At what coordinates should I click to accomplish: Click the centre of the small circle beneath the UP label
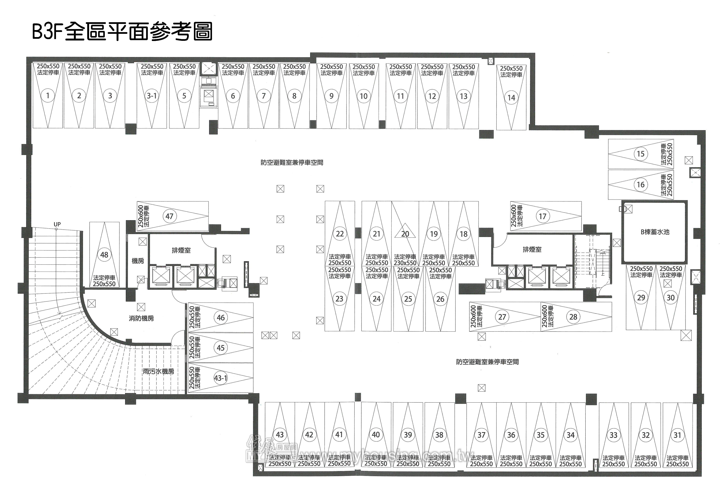click(56, 229)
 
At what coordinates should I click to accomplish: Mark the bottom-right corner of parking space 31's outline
click(692, 468)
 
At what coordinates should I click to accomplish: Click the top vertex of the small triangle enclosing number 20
click(405, 223)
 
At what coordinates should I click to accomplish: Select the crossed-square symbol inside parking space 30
click(668, 283)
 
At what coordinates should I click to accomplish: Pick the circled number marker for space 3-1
click(152, 96)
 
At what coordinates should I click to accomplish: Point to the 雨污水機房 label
click(158, 371)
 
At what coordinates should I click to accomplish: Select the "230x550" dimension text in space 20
click(405, 263)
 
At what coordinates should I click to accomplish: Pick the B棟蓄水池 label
click(655, 232)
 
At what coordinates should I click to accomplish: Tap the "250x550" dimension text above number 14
click(511, 68)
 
